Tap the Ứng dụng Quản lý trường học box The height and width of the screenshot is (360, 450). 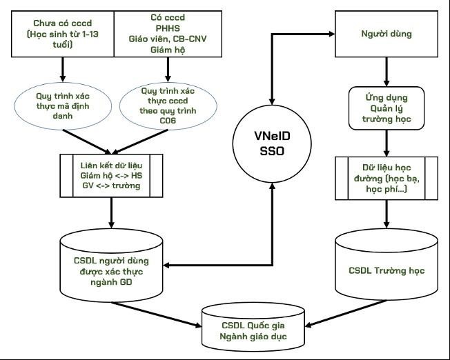pos(386,108)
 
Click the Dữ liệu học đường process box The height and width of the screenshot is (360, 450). pos(386,179)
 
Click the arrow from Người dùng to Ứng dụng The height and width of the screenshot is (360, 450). pos(386,72)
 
